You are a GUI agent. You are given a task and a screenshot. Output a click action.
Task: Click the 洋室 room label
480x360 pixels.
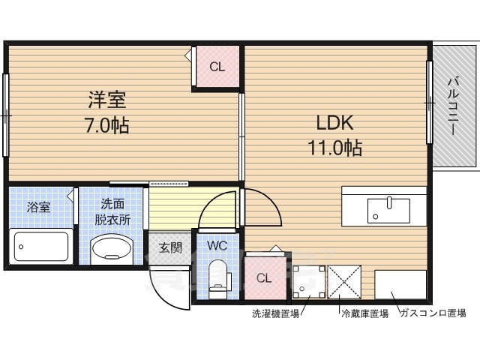(108, 98)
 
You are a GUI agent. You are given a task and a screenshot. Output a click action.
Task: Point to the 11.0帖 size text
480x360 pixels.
(334, 148)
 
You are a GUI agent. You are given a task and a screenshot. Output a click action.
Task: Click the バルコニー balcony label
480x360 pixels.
(454, 105)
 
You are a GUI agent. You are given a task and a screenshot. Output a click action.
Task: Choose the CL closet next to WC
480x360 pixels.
(264, 277)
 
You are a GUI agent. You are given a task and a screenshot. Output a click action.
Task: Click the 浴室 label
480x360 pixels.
(39, 208)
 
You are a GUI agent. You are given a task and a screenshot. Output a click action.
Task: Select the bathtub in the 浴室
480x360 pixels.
(41, 245)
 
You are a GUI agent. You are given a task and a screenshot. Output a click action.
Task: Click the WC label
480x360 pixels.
(217, 245)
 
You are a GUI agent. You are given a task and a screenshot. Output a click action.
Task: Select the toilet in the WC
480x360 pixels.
(218, 272)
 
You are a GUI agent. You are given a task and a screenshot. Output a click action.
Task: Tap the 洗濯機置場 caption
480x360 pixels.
(275, 314)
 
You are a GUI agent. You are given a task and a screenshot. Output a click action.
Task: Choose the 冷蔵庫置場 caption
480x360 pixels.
(364, 314)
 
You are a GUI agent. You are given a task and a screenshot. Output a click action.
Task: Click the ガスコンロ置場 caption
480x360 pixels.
(433, 314)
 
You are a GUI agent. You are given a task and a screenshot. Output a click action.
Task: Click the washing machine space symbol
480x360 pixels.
(307, 282)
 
